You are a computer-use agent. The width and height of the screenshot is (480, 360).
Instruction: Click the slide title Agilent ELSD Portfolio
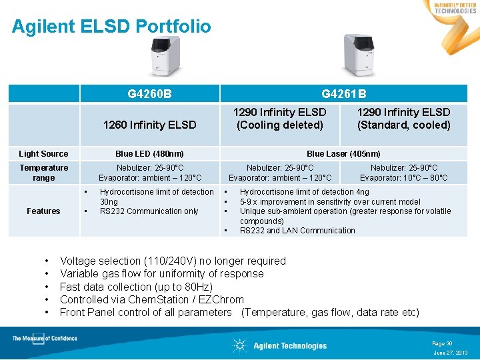tap(111, 27)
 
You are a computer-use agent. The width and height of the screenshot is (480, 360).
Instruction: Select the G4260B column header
tap(149, 94)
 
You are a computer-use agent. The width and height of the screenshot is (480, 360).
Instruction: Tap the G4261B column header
tap(343, 94)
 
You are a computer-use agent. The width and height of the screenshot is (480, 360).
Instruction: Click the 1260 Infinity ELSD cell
tap(150, 125)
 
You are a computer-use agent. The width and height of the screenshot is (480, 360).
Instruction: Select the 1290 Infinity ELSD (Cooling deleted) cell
tap(279, 119)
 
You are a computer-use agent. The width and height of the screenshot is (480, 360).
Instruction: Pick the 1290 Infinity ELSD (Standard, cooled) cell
tap(403, 119)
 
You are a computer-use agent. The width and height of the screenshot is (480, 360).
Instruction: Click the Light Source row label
tap(43, 154)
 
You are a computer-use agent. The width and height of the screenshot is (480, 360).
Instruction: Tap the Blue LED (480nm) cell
tap(150, 154)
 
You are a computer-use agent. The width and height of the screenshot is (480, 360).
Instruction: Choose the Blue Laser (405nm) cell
tap(343, 154)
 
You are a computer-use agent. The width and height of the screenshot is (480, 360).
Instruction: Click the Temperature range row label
tap(43, 173)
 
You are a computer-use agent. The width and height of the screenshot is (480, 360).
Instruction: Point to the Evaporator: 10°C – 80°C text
tap(403, 178)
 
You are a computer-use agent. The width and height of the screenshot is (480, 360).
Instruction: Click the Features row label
tap(43, 211)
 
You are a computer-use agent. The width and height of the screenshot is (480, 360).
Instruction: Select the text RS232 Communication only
tap(149, 211)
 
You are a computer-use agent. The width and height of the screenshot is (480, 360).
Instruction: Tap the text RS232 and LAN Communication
tap(297, 231)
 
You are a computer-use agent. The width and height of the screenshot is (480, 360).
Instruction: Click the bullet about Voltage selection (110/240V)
tap(173, 261)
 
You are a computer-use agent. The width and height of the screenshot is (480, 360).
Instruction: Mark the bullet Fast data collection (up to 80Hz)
tap(136, 287)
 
